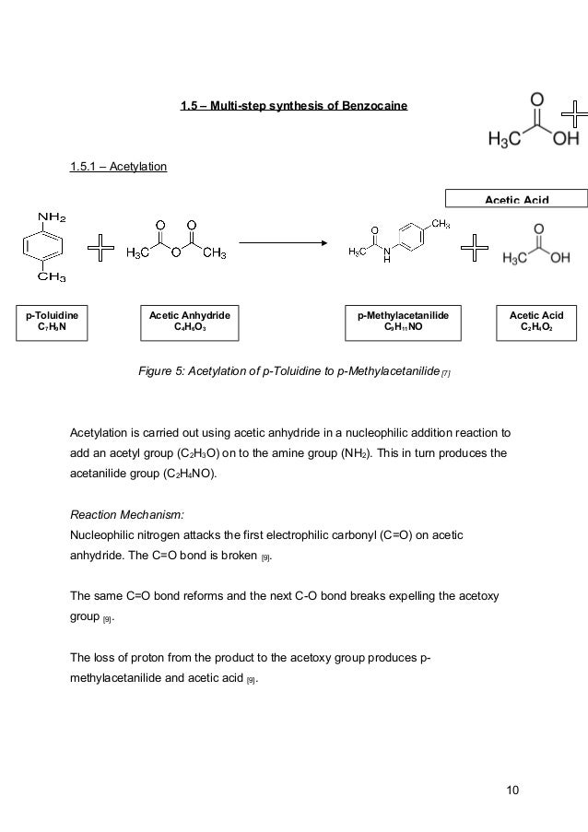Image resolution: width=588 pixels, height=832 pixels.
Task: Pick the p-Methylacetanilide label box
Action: tap(403, 321)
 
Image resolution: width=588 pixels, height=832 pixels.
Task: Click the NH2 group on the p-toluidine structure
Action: tap(51, 217)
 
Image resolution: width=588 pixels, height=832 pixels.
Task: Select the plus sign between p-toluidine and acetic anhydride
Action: tap(100, 247)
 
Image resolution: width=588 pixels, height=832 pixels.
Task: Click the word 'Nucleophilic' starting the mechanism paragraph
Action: tap(105, 533)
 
